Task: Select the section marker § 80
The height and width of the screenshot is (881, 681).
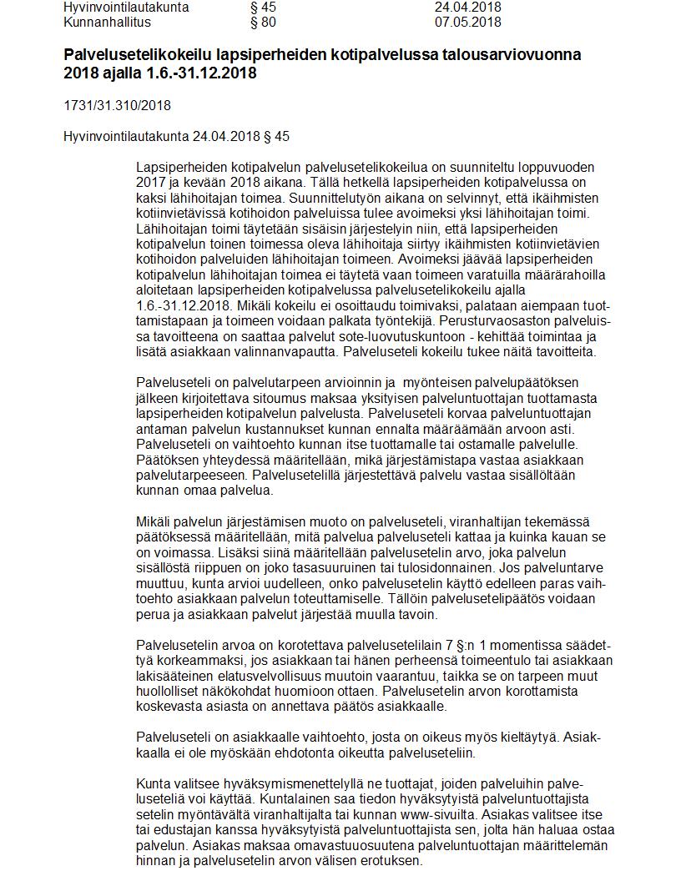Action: point(263,21)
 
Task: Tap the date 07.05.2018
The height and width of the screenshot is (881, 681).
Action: point(468,21)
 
